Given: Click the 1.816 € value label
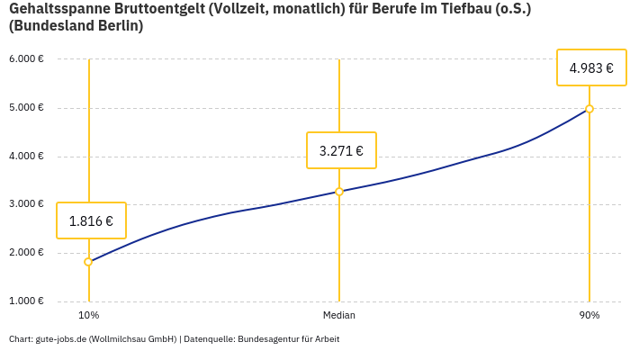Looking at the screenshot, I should point(91,220).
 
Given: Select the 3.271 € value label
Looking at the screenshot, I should point(341,150).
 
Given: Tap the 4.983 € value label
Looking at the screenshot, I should point(591,67).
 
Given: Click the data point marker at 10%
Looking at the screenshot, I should point(88,262).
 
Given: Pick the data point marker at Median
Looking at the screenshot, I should point(339,192).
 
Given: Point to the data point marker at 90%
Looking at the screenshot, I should point(589,109).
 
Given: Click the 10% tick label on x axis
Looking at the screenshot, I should point(88,315).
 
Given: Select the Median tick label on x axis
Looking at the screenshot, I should point(339,315).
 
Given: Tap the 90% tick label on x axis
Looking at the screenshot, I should point(589,315).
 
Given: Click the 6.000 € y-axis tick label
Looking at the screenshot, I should point(26,59).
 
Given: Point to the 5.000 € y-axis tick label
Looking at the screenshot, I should point(26,108).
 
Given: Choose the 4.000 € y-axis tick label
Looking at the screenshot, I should point(26,157).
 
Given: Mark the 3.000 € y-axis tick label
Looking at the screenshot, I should point(26,204).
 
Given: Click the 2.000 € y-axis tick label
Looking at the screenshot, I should point(26,253).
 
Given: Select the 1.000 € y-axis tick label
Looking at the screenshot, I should point(26,301).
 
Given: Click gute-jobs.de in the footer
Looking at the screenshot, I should point(60,339).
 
